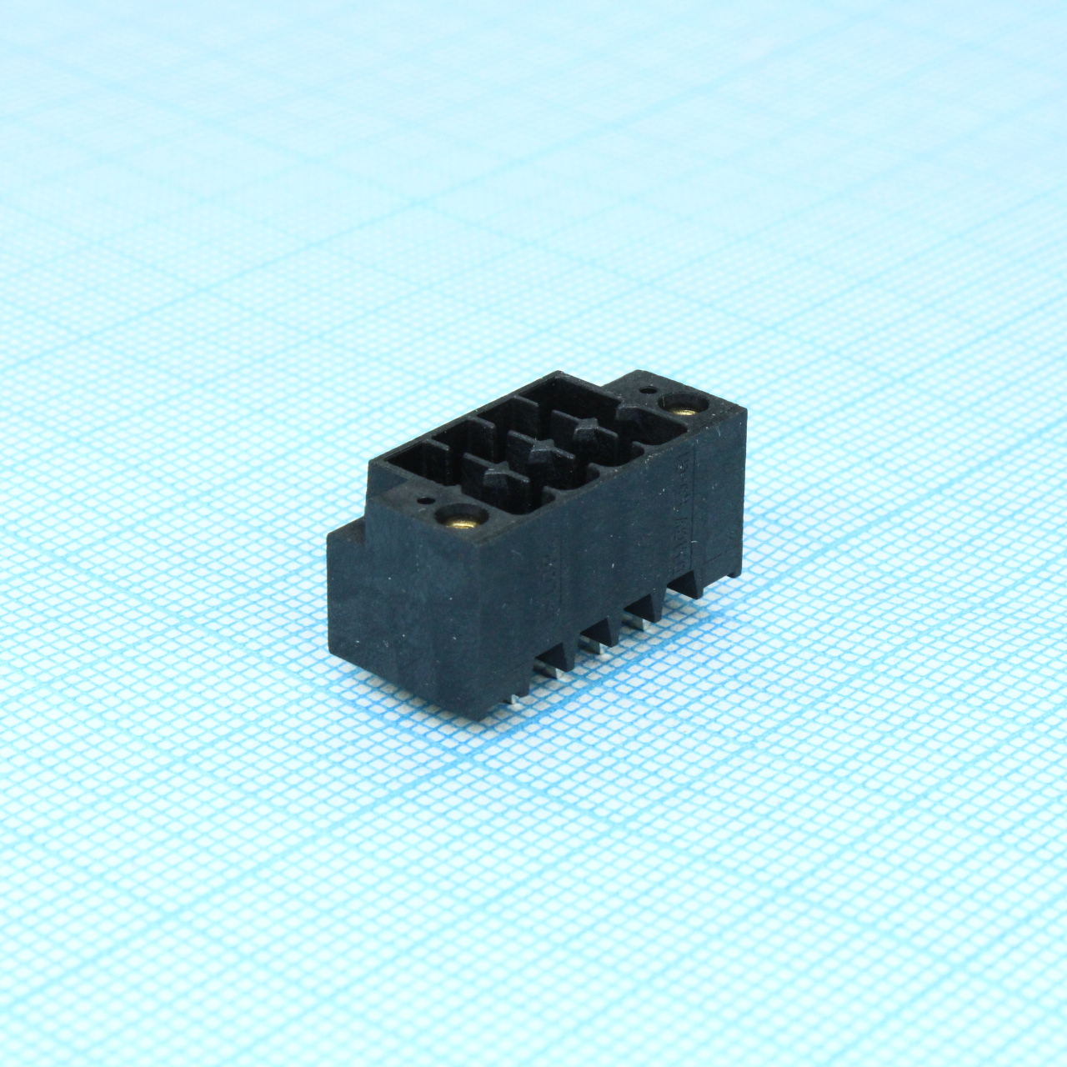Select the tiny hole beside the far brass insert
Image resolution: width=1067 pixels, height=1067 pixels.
(x=648, y=389)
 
